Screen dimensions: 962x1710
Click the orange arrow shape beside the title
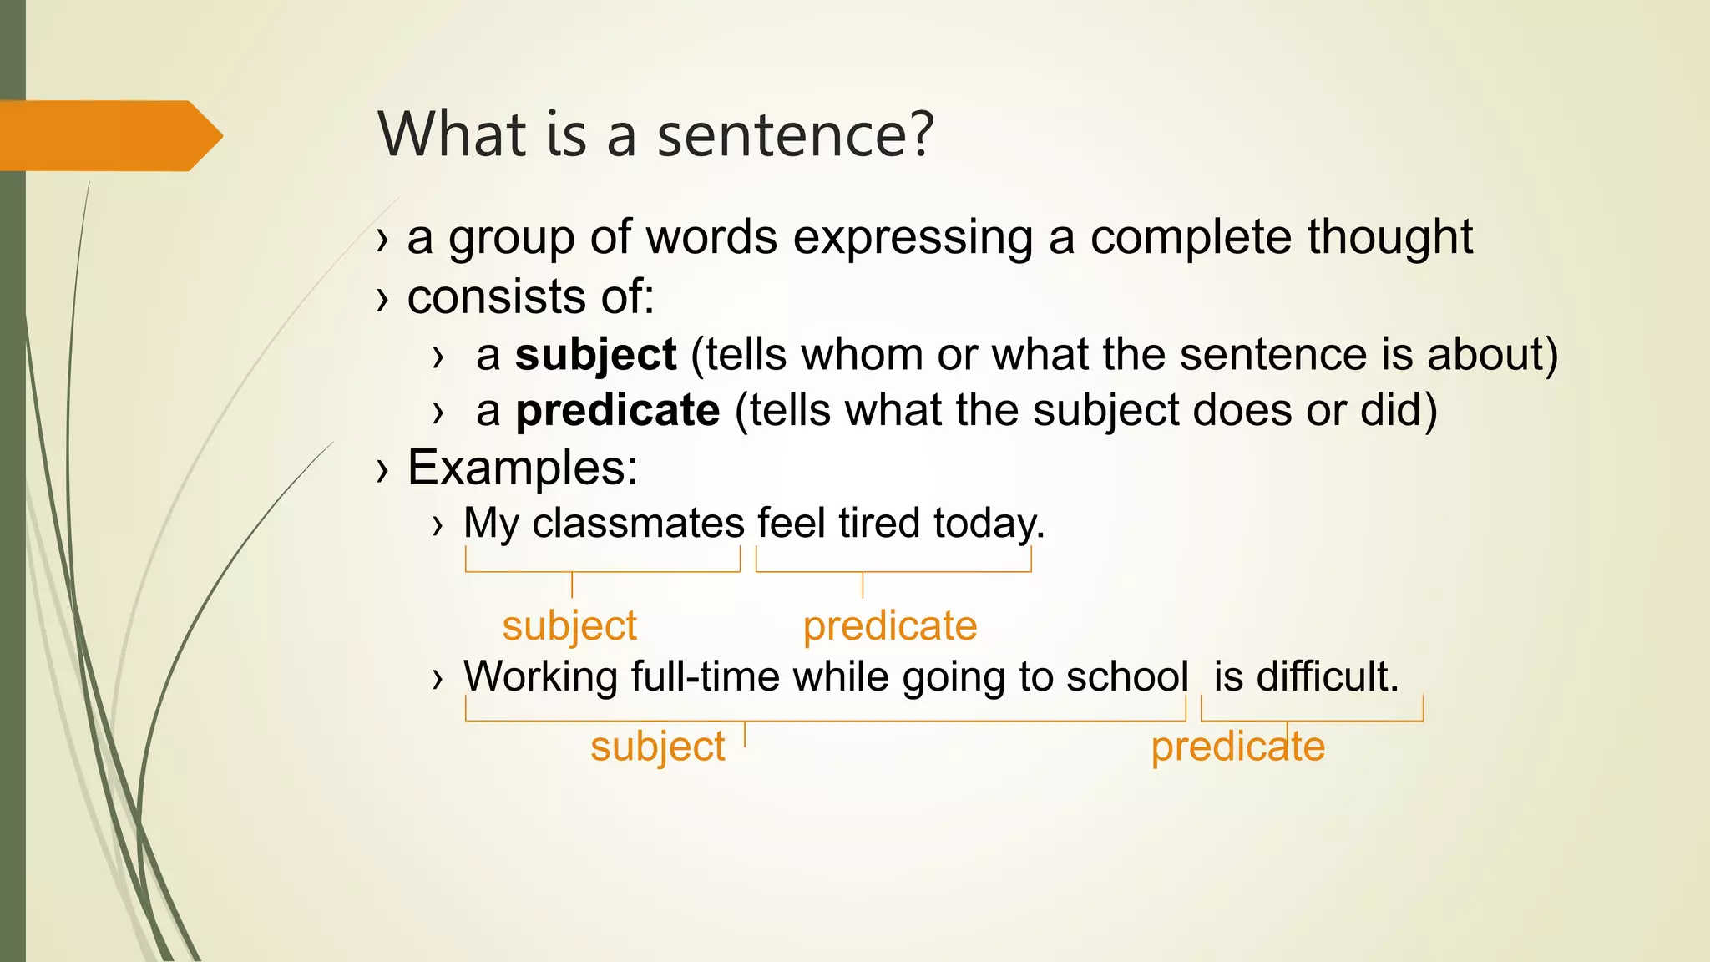pos(109,135)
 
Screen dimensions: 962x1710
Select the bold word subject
pos(595,355)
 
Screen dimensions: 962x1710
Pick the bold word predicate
pos(617,411)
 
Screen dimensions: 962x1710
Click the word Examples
pos(522,468)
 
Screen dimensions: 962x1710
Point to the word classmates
pos(638,524)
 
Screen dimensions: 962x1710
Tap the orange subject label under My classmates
pos(569,626)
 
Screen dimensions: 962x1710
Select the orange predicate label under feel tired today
pos(890,626)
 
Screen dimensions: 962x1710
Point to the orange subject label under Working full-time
pos(658,747)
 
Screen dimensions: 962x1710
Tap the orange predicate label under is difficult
pos(1237,747)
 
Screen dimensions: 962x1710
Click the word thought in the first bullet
pos(1390,237)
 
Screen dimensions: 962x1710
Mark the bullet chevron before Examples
pos(382,469)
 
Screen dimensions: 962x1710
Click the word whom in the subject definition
pos(862,355)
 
